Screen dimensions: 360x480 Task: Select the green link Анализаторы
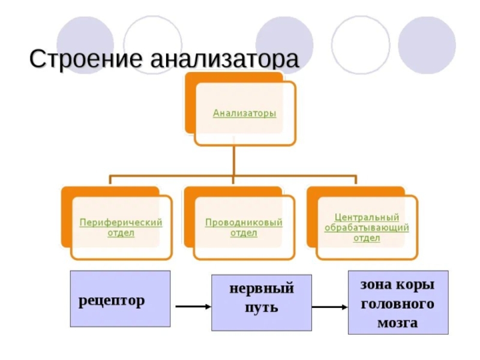(245, 112)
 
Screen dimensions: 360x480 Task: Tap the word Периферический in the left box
(121, 222)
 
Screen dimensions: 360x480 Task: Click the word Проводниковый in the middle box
(244, 222)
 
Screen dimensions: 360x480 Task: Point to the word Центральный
(367, 217)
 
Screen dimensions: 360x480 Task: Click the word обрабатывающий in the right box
(367, 227)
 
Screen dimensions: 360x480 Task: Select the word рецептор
(111, 300)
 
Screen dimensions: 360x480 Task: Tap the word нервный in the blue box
(262, 289)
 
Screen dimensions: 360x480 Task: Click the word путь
(262, 308)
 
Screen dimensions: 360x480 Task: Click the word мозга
(397, 322)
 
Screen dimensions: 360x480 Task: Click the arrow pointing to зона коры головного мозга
(330, 308)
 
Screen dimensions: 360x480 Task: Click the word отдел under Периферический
(121, 233)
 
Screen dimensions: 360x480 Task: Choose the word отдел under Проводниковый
(244, 233)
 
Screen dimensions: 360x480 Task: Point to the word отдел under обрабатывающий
(367, 238)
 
